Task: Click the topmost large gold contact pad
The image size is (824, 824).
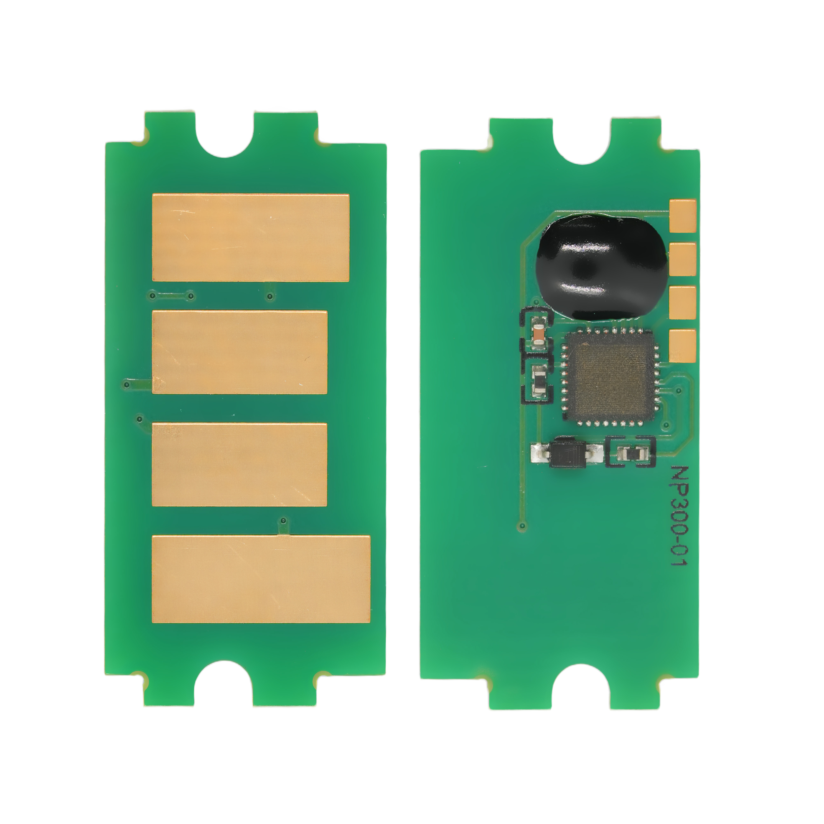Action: pos(251,238)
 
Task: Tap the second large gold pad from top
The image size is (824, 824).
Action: pos(240,352)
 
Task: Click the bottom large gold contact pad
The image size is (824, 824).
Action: pos(261,579)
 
